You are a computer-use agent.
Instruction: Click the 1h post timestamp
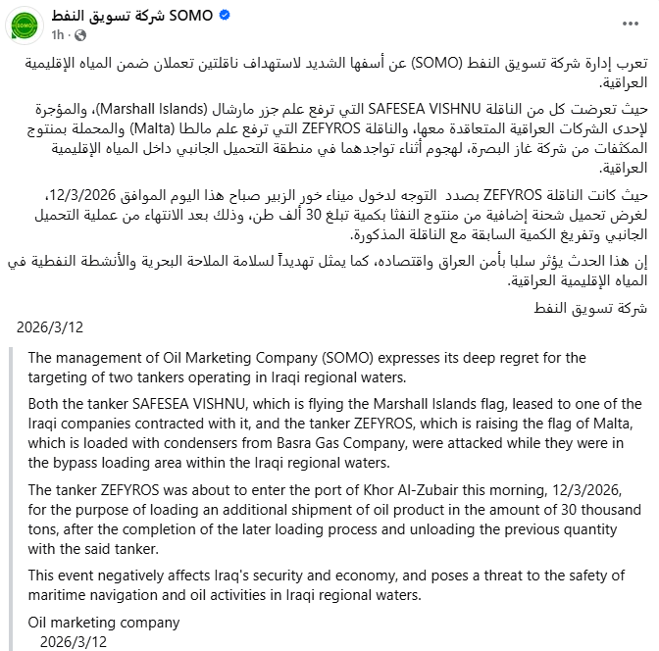coord(58,34)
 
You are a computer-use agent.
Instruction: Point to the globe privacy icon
coord(79,34)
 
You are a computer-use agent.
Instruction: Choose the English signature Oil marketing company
coord(104,623)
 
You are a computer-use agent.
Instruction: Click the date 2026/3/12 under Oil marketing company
coord(74,641)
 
